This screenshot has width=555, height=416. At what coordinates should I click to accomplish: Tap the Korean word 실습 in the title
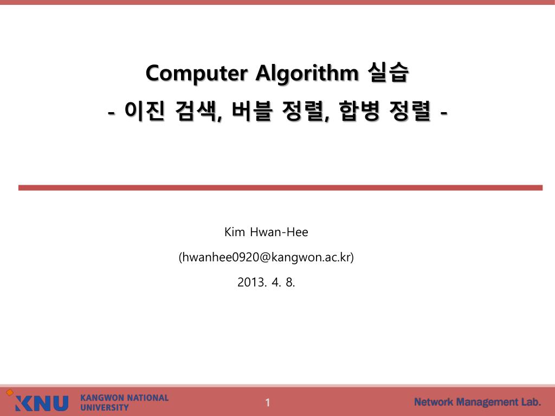(388, 73)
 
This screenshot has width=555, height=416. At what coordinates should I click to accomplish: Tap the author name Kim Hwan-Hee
(266, 232)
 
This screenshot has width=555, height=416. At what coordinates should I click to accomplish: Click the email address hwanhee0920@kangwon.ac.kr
(266, 257)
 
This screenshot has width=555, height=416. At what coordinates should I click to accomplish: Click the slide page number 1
(267, 402)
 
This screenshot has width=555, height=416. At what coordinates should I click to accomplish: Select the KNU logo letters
(42, 403)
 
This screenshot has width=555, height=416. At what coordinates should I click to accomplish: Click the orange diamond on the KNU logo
(9, 392)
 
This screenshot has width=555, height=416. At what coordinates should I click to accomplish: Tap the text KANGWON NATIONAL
(124, 398)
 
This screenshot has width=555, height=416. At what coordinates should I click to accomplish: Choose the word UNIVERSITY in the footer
(105, 407)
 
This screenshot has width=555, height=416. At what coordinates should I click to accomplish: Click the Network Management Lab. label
(477, 402)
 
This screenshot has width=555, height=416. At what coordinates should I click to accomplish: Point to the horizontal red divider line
(280, 187)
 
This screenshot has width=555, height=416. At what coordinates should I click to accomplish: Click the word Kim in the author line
(234, 232)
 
